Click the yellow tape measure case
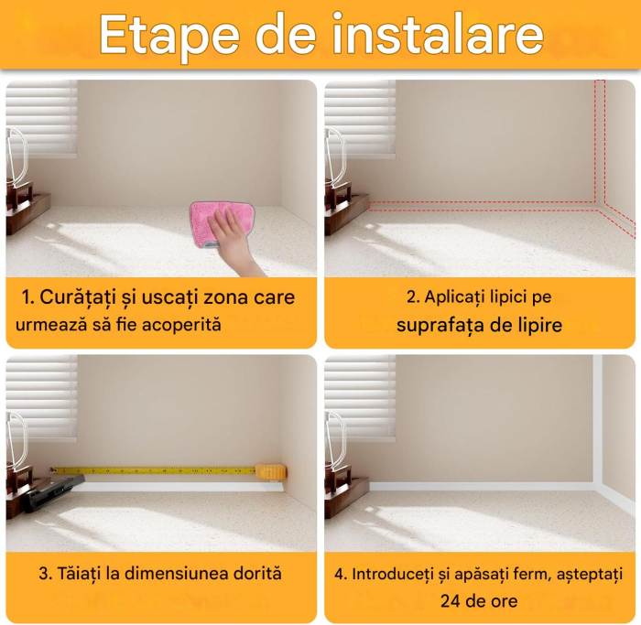(x=271, y=472)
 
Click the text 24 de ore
(x=478, y=601)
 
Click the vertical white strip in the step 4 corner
(x=597, y=421)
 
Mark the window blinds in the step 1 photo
(x=41, y=119)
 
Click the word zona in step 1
(x=216, y=297)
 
